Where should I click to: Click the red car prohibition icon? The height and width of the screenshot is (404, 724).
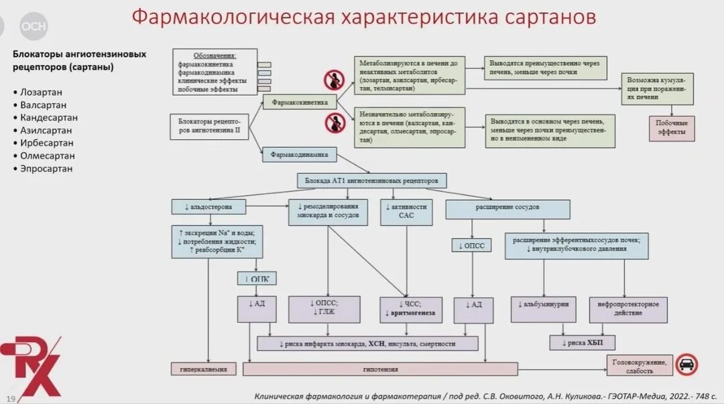(686, 365)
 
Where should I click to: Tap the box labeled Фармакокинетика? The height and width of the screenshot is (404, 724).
(299, 102)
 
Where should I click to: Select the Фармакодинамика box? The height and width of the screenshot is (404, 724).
(299, 154)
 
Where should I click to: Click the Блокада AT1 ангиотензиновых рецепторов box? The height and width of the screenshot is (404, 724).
(371, 181)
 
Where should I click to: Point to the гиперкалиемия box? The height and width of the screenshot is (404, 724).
(204, 368)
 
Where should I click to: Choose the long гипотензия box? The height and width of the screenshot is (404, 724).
(380, 368)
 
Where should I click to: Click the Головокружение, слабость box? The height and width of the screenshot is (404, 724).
(640, 365)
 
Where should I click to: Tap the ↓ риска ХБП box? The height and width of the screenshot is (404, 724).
(582, 343)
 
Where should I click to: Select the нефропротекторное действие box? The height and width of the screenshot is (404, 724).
(628, 309)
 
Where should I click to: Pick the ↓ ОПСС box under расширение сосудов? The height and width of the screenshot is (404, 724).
(472, 246)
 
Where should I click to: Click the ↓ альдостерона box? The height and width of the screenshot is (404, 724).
(208, 207)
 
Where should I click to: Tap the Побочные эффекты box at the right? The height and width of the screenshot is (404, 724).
(671, 128)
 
